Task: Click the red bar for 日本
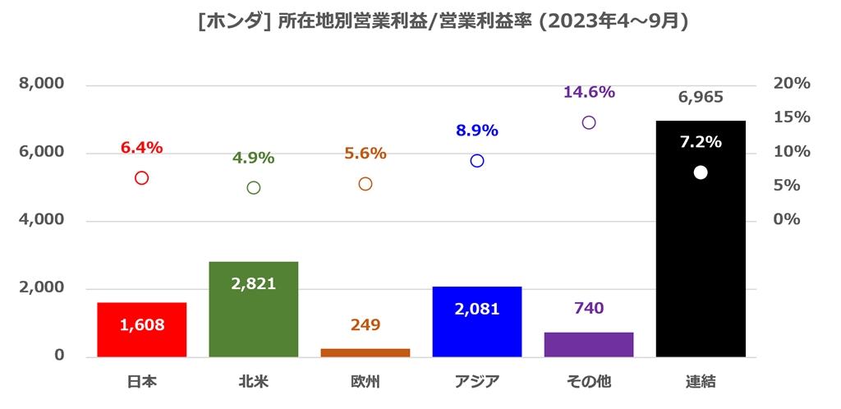(142, 329)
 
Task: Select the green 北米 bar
(254, 309)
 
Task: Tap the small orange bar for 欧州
(365, 352)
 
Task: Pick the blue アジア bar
(477, 321)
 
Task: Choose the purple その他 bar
(589, 344)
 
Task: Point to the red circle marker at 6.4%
(141, 178)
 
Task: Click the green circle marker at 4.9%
(254, 187)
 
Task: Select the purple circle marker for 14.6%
(589, 122)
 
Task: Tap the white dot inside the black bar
(701, 172)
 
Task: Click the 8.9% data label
(477, 131)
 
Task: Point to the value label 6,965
(701, 98)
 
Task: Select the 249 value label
(365, 325)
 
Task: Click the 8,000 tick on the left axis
(41, 85)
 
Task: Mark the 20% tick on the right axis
(792, 84)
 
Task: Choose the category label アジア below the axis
(477, 381)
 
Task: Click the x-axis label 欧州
(365, 381)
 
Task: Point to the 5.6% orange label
(365, 154)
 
